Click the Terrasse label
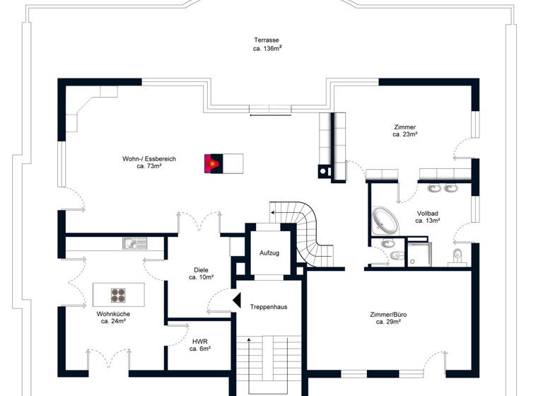click(267, 40)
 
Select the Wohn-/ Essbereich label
click(148, 159)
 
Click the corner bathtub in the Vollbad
click(386, 220)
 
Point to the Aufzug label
click(269, 252)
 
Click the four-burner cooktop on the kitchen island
click(119, 293)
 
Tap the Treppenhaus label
click(269, 306)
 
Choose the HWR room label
click(200, 341)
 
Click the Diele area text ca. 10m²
click(201, 278)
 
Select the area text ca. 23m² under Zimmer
click(405, 134)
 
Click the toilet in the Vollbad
click(458, 255)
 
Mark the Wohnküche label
click(113, 313)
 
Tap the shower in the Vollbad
click(419, 255)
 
